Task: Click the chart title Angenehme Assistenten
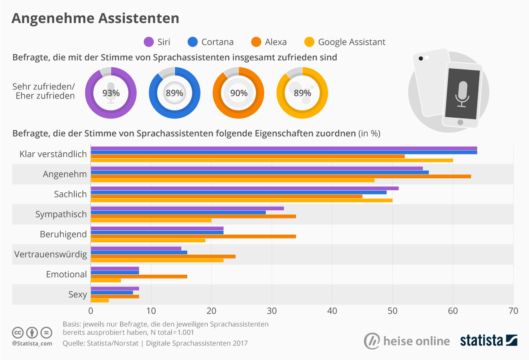coord(95,18)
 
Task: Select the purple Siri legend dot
coord(149,42)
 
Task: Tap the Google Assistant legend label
coord(352,42)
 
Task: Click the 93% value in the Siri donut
coord(110,93)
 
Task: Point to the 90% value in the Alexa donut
coord(238,93)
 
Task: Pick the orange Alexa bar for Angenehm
coord(281,176)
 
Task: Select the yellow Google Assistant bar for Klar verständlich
coord(272,160)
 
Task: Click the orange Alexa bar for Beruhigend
coord(193,236)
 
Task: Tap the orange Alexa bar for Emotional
coord(139,276)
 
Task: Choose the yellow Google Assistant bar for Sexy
coord(100,301)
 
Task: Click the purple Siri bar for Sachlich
coord(244,188)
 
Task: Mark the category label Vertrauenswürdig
coord(50,255)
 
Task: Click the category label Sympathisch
coord(61,214)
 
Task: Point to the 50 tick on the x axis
coord(392,311)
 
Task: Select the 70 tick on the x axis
coord(513,311)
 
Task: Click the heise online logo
coord(407,341)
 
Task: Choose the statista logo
coord(488,340)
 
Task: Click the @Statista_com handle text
coord(32,343)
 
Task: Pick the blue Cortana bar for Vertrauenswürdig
coord(139,253)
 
